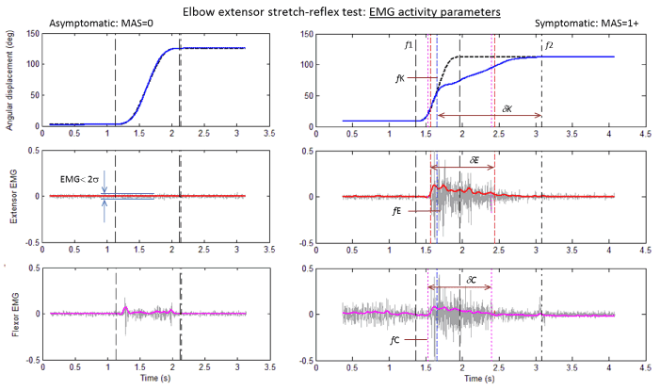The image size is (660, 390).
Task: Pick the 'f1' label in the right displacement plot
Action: [x=409, y=44]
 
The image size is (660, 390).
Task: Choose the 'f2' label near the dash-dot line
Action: [x=550, y=44]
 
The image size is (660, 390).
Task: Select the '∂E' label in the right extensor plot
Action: [x=475, y=161]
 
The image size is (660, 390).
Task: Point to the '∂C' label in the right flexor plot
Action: [x=473, y=280]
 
